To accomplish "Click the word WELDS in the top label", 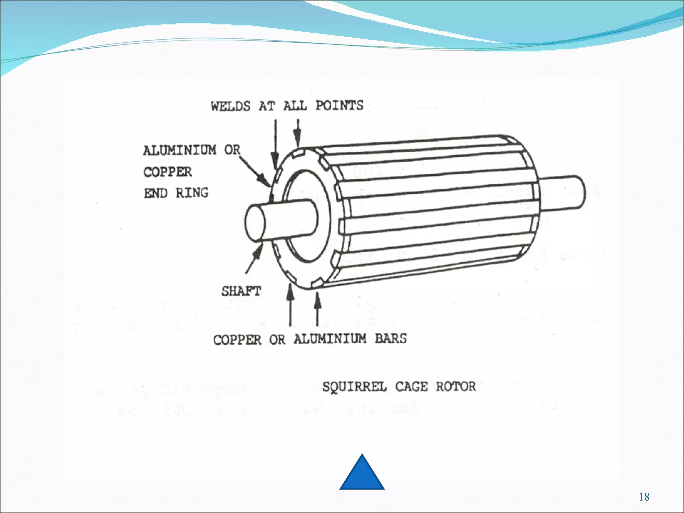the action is (x=230, y=106).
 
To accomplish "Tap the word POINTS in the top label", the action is (x=339, y=106).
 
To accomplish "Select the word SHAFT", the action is (x=241, y=291).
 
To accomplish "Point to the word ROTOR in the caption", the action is (x=456, y=386).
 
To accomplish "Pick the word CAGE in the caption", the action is (x=411, y=387).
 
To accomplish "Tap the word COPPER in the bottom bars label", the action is (x=237, y=340).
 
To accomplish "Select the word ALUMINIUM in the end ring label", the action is (x=180, y=150).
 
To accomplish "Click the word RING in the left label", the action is (x=192, y=193).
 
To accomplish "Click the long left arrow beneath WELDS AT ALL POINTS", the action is (x=275, y=144).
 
